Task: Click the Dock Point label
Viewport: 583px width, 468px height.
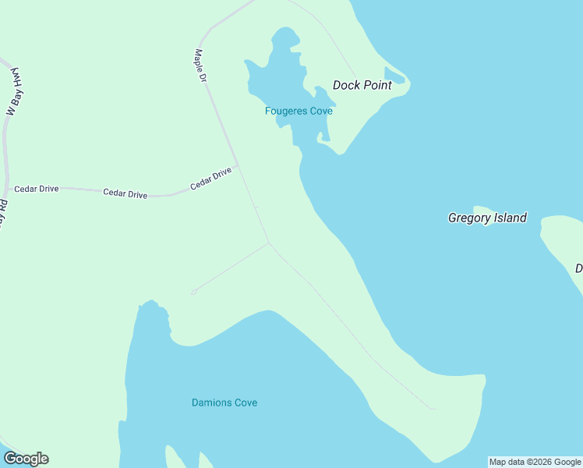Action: tap(362, 85)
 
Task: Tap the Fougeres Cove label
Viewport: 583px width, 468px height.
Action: tap(299, 111)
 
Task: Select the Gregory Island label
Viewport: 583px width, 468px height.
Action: tap(487, 218)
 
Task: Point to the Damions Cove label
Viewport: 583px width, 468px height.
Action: tap(224, 402)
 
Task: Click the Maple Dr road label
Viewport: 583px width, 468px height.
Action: tap(200, 66)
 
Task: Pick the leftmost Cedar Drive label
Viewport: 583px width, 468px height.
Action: tap(36, 189)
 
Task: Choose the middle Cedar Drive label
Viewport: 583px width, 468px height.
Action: tap(125, 193)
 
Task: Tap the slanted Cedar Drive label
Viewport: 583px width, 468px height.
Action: tap(211, 179)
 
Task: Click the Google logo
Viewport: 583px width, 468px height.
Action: tap(26, 459)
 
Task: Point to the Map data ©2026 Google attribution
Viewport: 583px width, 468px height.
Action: tap(535, 462)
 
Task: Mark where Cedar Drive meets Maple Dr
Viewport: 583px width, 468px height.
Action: tap(237, 165)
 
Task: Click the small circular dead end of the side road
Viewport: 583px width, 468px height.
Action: tap(193, 292)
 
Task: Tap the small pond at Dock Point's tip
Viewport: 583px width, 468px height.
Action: tap(394, 76)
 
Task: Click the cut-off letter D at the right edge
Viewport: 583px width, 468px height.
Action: tap(579, 268)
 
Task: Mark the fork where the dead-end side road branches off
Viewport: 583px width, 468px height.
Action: tap(269, 243)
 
